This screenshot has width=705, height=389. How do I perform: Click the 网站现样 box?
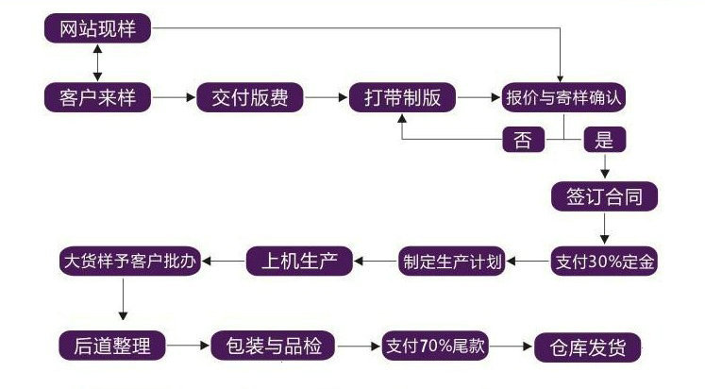[x=98, y=28]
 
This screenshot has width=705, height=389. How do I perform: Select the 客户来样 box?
[x=98, y=97]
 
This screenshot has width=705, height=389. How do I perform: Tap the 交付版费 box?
[x=249, y=97]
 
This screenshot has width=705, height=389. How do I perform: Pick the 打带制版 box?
[x=403, y=97]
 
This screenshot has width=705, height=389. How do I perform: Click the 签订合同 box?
[x=604, y=196]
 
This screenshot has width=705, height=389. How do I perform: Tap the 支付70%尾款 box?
[x=435, y=346]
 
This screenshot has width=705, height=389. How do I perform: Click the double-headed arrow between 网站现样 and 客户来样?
[x=98, y=62]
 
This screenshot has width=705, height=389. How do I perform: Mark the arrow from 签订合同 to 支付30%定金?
[x=604, y=228]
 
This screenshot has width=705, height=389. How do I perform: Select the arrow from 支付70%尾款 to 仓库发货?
[x=512, y=346]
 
